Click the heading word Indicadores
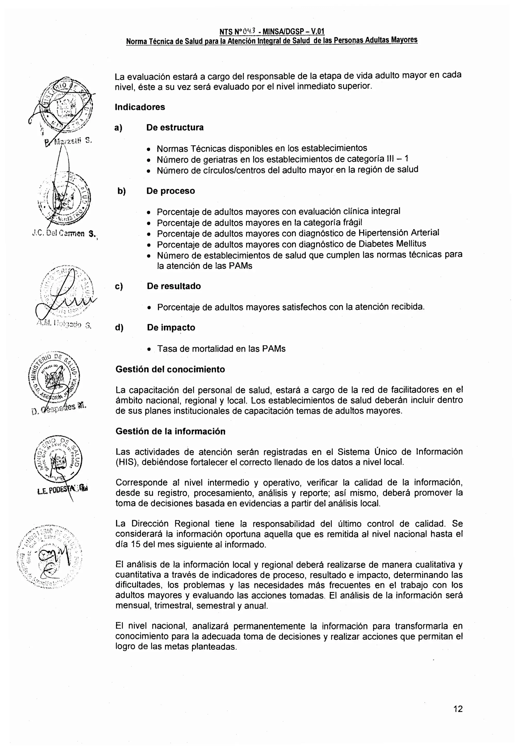(x=140, y=107)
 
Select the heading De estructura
(x=175, y=127)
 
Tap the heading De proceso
(x=170, y=191)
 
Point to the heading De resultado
(x=174, y=286)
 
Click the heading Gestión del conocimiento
(x=170, y=369)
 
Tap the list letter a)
(x=118, y=128)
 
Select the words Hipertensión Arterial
(x=399, y=233)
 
